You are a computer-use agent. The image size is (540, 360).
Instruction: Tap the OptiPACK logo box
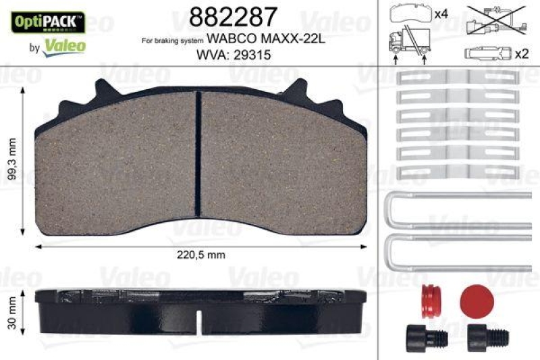point(46,22)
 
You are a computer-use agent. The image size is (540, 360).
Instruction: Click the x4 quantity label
point(441,14)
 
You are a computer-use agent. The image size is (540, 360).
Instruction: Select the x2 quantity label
point(521,54)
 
